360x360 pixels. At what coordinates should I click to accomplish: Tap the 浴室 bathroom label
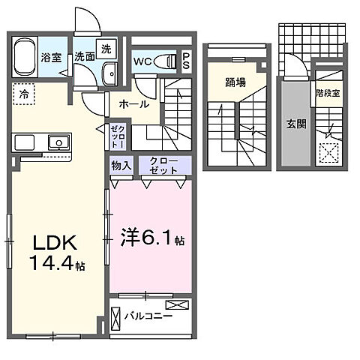[51, 57]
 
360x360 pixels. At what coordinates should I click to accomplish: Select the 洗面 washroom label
[82, 57]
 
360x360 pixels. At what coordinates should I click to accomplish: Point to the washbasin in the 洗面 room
[109, 73]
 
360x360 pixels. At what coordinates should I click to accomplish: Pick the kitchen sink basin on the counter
[56, 141]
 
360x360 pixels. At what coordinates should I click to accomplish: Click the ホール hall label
[133, 104]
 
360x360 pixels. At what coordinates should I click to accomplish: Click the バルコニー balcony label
[148, 316]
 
